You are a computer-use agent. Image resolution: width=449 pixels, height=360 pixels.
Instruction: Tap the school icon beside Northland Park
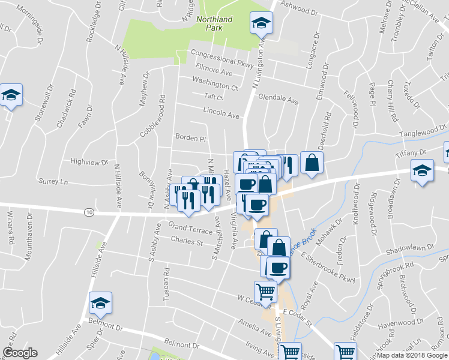(261, 23)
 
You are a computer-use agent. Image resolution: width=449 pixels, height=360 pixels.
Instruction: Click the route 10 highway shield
(89, 212)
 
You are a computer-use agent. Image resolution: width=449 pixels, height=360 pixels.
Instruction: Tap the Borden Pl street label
(190, 138)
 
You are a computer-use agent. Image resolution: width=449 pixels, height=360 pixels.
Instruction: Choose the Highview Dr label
(89, 162)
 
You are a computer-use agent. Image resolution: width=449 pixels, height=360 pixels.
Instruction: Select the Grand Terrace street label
(190, 228)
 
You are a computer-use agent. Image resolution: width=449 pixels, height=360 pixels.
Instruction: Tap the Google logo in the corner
(20, 353)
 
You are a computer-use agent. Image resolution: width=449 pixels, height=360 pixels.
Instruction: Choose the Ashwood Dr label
(297, 11)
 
